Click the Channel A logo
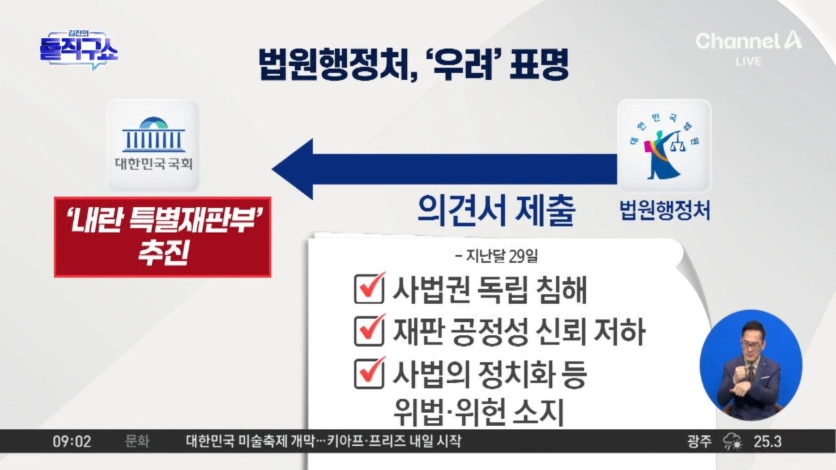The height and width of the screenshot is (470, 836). tap(748, 40)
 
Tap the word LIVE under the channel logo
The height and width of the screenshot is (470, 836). tap(748, 61)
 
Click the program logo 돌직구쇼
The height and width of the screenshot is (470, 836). tap(79, 50)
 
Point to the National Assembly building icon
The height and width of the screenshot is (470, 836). tap(153, 134)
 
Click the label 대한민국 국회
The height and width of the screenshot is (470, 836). tap(153, 164)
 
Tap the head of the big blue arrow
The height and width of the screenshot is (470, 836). tap(293, 169)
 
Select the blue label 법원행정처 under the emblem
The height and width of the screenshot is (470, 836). tap(665, 211)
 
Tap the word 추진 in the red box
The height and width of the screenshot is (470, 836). tap(163, 253)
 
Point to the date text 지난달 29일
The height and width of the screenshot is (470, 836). tap(497, 256)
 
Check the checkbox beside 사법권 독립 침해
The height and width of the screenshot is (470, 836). tap(369, 289)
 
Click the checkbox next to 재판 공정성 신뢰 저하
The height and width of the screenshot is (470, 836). tap(369, 330)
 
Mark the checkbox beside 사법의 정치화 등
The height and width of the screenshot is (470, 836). tap(369, 373)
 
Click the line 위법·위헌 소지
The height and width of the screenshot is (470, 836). tap(478, 412)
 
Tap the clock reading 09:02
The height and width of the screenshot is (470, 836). tap(72, 442)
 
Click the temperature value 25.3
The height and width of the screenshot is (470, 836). tap(767, 442)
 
